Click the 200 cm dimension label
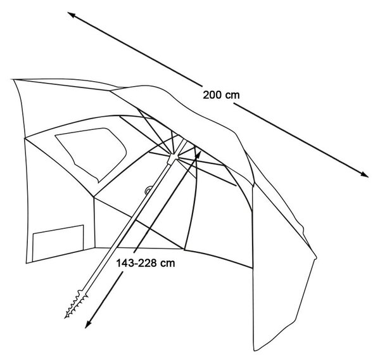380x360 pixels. click(221, 95)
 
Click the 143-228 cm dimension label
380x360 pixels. click(146, 263)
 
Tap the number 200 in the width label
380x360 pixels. click(212, 95)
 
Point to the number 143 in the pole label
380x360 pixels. click(125, 263)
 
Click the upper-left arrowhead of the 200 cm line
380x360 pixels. click(70, 14)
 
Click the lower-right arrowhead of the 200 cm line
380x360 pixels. click(365, 174)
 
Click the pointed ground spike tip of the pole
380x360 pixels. click(66, 317)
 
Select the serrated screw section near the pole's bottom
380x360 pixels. click(77, 304)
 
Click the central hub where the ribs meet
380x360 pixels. click(172, 158)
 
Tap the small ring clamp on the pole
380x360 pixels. click(148, 190)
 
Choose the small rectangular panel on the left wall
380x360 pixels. click(58, 243)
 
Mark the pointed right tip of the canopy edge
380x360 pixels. click(316, 257)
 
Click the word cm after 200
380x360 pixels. click(232, 96)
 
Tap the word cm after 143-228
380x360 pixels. click(168, 264)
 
